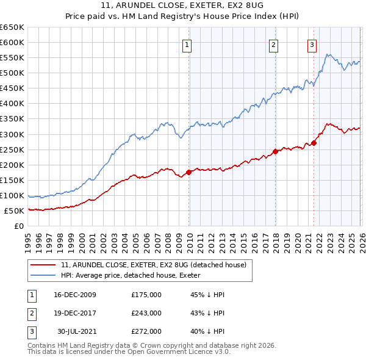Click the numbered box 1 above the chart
(x=186, y=44)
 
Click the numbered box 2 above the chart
(x=273, y=44)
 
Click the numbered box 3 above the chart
(x=312, y=44)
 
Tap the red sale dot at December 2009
(x=189, y=172)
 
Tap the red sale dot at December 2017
(x=275, y=151)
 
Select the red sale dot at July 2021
(x=314, y=143)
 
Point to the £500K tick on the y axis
(x=12, y=73)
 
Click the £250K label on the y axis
(x=12, y=149)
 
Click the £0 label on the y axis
(x=18, y=226)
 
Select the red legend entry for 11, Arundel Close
(x=153, y=265)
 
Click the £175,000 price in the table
(x=146, y=295)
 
